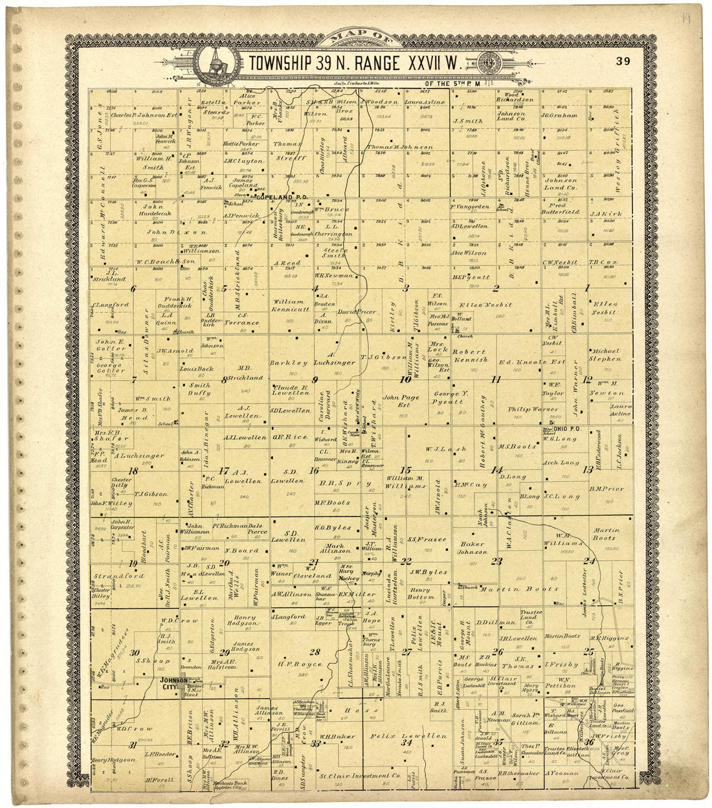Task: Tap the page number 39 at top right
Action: point(623,62)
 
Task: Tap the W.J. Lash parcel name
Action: point(438,448)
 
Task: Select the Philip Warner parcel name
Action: point(528,409)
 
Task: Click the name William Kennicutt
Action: point(289,306)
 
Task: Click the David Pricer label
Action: point(357,312)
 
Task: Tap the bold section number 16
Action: point(313,470)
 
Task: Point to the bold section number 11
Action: point(496,379)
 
